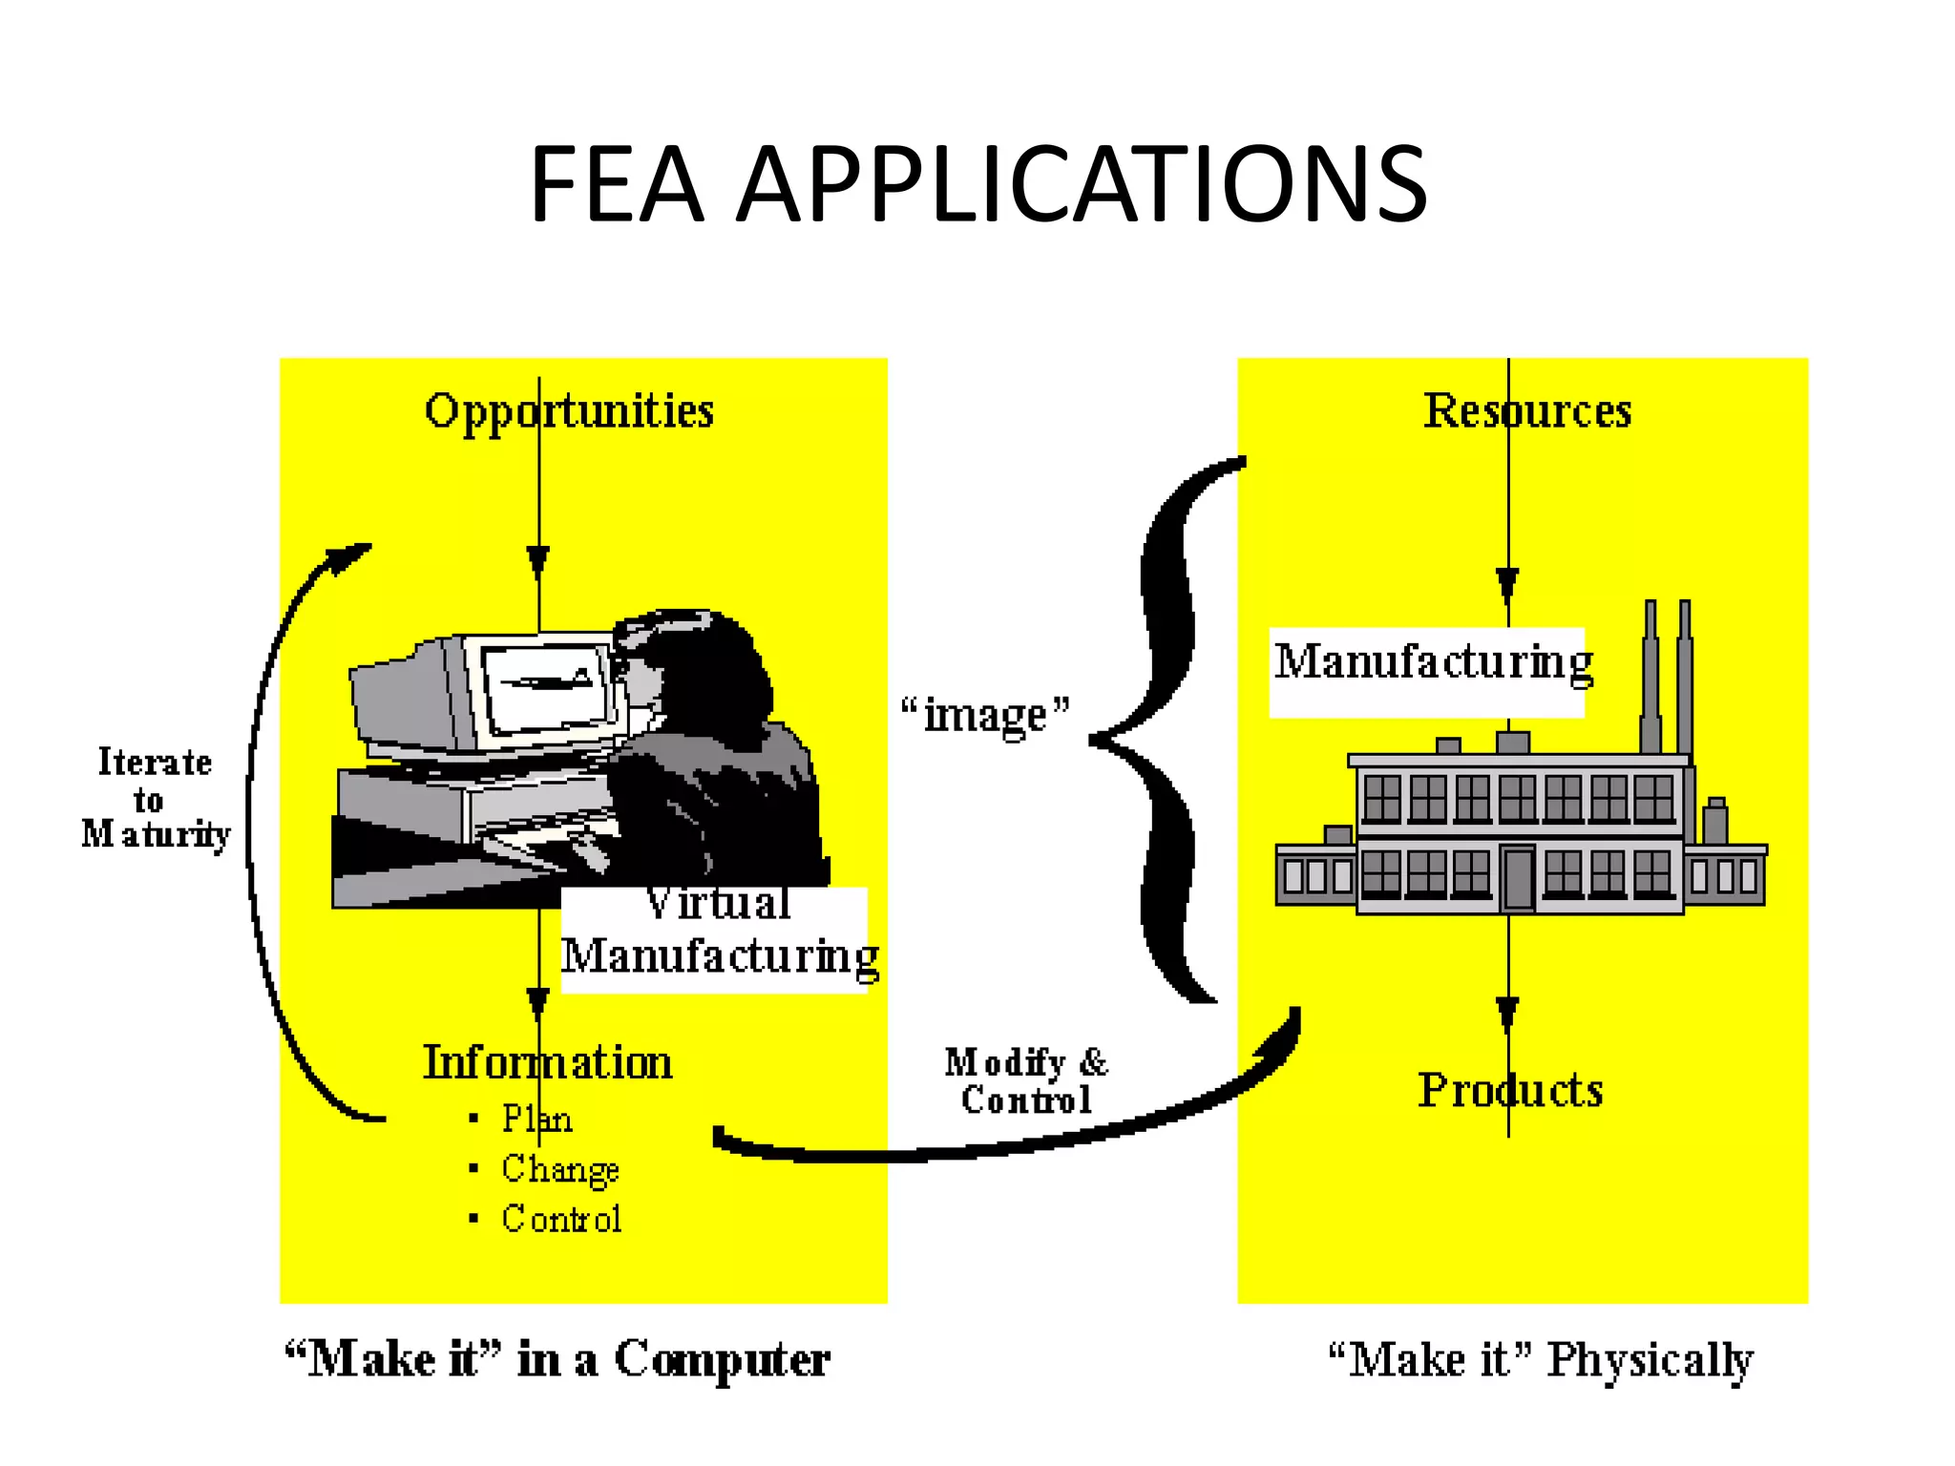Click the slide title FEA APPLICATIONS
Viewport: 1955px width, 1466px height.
[x=977, y=183]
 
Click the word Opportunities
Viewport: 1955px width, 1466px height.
[x=569, y=412]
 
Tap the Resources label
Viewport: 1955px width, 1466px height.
[x=1526, y=411]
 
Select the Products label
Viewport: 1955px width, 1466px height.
[x=1510, y=1090]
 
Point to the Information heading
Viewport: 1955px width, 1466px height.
[x=548, y=1062]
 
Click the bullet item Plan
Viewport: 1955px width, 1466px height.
[x=537, y=1119]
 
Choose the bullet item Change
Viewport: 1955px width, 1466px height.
[x=560, y=1169]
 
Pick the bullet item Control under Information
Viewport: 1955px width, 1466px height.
[x=561, y=1219]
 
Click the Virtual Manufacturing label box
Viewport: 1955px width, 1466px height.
[x=716, y=940]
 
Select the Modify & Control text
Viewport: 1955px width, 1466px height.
[x=1026, y=1080]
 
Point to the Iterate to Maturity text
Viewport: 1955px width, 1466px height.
[x=155, y=798]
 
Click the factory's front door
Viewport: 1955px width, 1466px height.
[x=1518, y=878]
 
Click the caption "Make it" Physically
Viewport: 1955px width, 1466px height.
[x=1541, y=1359]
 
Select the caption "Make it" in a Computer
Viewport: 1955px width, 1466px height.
[x=557, y=1359]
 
